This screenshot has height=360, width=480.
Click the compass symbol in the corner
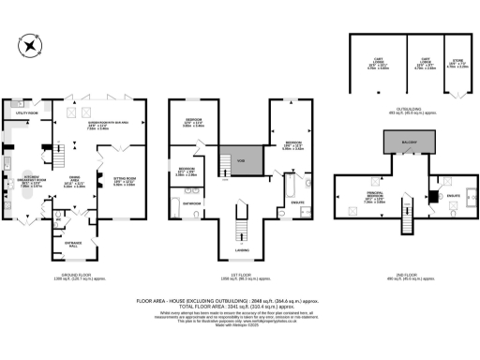(22, 45)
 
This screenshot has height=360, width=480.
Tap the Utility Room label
(25, 113)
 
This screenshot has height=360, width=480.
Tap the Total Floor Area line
(239, 305)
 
